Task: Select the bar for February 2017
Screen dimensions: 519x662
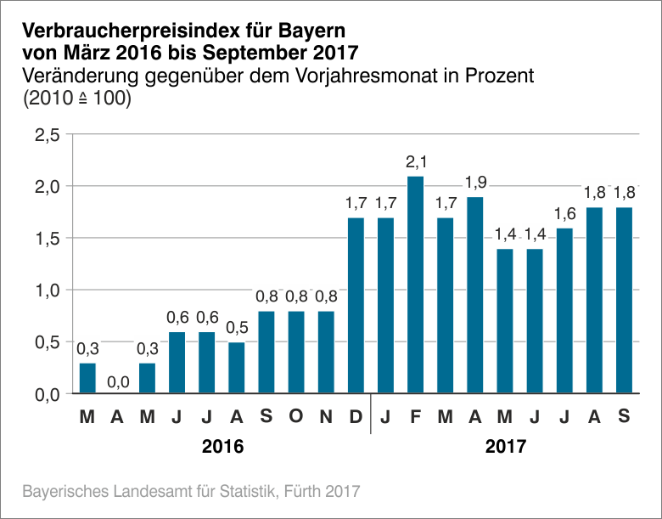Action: click(x=415, y=285)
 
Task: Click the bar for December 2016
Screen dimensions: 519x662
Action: click(x=356, y=306)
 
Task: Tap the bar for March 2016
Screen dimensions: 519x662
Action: click(x=87, y=379)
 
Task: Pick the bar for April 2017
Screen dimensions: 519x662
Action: click(x=474, y=296)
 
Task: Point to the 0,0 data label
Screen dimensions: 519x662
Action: click(x=117, y=381)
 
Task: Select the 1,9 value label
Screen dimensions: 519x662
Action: click(x=474, y=183)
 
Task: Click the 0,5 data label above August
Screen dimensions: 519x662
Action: click(x=236, y=328)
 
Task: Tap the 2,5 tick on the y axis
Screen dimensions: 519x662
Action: click(x=46, y=134)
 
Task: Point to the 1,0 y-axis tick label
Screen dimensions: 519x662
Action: click(x=46, y=290)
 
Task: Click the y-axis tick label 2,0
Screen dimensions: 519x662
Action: click(x=46, y=186)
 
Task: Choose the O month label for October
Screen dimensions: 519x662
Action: click(x=296, y=418)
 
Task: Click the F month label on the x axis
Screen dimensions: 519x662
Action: click(x=415, y=418)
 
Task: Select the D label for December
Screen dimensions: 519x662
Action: click(x=356, y=418)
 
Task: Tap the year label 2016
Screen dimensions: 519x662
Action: click(x=223, y=446)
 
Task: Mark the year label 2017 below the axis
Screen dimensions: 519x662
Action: click(x=505, y=446)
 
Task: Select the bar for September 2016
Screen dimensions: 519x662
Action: click(x=266, y=353)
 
